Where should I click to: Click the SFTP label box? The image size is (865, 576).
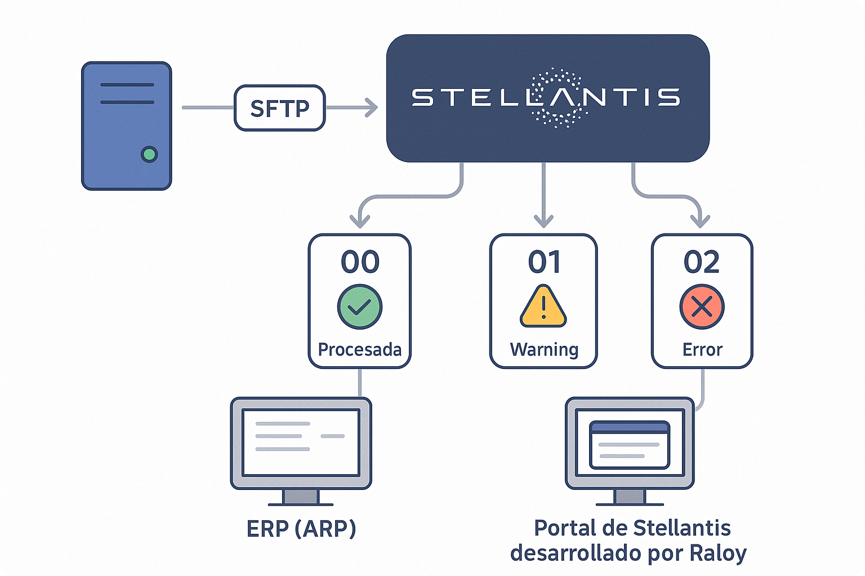[x=279, y=108]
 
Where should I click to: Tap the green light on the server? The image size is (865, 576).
[x=149, y=154]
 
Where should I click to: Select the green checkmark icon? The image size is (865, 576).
[x=360, y=307]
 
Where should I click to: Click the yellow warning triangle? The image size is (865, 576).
[x=543, y=307]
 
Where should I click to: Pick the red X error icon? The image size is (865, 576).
[x=702, y=307]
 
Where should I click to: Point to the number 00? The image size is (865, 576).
[x=360, y=262]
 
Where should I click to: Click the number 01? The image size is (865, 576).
[x=544, y=262]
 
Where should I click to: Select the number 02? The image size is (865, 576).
[x=702, y=262]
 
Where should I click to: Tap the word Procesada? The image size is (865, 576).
[x=359, y=349]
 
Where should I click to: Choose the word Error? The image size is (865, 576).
[x=702, y=350]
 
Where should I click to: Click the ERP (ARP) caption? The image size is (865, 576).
[x=301, y=529]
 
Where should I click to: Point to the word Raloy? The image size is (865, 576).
[x=718, y=553]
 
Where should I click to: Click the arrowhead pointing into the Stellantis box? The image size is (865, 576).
[x=372, y=107]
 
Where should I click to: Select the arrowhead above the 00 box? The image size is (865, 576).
[x=360, y=222]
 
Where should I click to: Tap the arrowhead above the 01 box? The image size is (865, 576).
[x=543, y=222]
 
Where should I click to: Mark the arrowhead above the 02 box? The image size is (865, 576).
[x=700, y=222]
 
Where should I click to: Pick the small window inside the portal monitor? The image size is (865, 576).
[x=630, y=445]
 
